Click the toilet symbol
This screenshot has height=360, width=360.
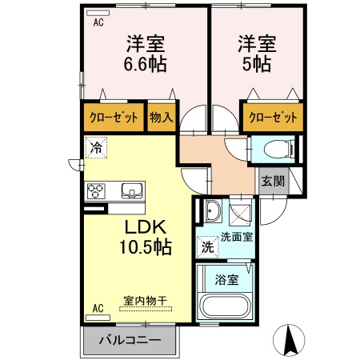coord(278,150)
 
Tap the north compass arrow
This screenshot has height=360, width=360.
coord(289,340)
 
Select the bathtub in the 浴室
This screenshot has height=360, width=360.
coord(225,306)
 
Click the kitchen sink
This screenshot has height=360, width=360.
coord(131,190)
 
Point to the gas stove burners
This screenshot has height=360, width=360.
coord(95,191)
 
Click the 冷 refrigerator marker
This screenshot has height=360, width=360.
coord(96,147)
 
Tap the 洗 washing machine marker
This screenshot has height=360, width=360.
coord(207,247)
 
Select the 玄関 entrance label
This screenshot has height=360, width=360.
coord(273,182)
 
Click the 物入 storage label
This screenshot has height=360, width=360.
coord(162,118)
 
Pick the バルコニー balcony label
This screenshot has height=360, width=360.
coord(130,340)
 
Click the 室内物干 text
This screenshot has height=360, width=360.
coord(146,301)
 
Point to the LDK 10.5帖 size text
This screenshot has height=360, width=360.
coord(146,237)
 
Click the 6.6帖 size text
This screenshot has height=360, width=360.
coord(146,64)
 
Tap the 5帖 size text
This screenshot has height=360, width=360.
coord(257,64)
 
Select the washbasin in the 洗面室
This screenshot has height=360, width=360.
coord(213,210)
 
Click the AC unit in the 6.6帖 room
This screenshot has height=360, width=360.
coord(98,13)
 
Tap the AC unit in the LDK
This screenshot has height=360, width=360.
coord(98,318)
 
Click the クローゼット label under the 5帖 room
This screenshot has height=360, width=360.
coord(273,118)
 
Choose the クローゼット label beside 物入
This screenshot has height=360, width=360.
coord(114,118)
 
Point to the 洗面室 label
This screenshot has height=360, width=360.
coord(237,237)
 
